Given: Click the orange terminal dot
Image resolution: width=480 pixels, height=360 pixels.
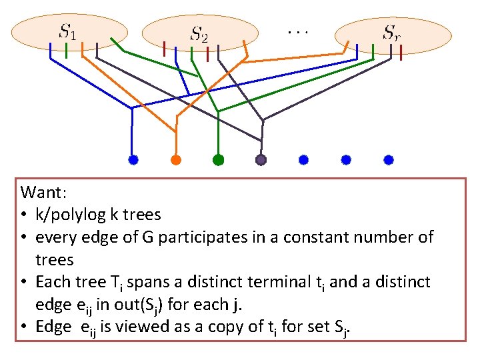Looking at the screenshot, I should pyautogui.click(x=175, y=159).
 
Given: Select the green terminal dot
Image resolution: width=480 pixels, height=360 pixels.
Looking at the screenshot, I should pyautogui.click(x=218, y=159).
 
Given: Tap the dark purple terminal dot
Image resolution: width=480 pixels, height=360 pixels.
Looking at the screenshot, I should pyautogui.click(x=261, y=159).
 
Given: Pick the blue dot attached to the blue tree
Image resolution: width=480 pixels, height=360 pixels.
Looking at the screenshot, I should pyautogui.click(x=133, y=159).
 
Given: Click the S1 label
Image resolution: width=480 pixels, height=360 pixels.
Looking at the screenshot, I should pyautogui.click(x=68, y=31).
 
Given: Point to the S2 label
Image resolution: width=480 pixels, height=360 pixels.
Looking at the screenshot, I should pyautogui.click(x=199, y=33).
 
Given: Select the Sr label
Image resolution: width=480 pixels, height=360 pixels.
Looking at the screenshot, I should pyautogui.click(x=391, y=31).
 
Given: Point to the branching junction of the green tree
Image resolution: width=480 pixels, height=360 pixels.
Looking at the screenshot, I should pyautogui.click(x=218, y=109).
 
